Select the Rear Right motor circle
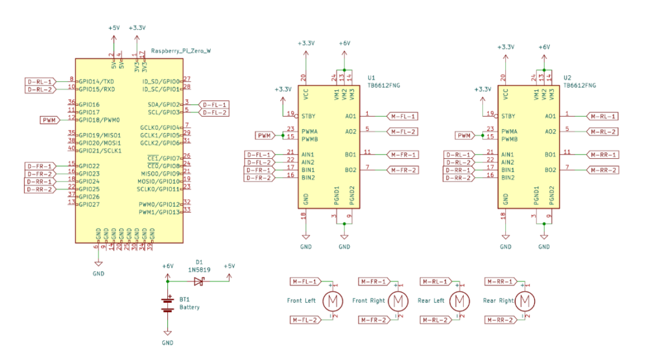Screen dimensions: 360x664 526,301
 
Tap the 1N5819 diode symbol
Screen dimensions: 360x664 198,281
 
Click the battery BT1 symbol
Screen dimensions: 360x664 168,304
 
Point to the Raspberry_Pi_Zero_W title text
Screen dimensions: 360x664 180,51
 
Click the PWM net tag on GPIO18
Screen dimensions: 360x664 50,120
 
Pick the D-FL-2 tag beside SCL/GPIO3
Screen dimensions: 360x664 213,112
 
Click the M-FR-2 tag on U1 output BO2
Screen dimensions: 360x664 403,170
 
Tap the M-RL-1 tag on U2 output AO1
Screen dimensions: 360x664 602,116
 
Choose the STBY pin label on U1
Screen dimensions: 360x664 309,116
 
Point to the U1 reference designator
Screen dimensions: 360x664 371,77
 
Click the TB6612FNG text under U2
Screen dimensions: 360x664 580,85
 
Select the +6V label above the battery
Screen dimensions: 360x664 168,266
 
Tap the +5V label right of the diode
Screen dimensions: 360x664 229,266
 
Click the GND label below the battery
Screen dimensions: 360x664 168,342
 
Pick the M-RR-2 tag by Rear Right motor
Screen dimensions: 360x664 500,320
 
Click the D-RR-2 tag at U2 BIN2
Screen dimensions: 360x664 458,178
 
